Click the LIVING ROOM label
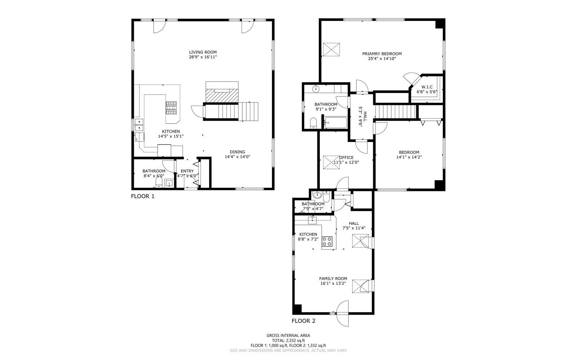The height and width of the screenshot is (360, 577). tap(203, 52)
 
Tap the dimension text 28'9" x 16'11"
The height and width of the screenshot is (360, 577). tap(203, 57)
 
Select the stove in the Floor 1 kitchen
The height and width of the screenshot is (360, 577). tap(171, 108)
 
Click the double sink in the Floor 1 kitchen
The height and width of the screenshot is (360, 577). tap(139, 127)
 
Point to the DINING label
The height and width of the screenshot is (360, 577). tap(237, 152)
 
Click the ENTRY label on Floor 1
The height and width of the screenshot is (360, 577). tap(187, 171)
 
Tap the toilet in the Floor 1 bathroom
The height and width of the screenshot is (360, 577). tap(158, 184)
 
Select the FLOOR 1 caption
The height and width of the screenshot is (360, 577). tap(142, 196)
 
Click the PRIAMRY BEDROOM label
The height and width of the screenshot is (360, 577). tap(382, 54)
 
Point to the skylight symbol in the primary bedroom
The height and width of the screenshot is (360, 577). tap(331, 49)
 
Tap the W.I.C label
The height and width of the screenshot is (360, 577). tap(427, 87)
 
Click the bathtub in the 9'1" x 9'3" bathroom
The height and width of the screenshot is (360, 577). tap(335, 123)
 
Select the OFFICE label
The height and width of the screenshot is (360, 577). tap(346, 157)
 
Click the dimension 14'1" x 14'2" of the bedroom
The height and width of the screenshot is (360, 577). tap(409, 157)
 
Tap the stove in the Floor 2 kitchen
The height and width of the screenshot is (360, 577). tap(327, 241)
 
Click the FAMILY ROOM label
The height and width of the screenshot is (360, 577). tap(333, 278)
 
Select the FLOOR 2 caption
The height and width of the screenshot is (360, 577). tap(303, 321)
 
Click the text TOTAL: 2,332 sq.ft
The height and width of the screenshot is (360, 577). tap(288, 340)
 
